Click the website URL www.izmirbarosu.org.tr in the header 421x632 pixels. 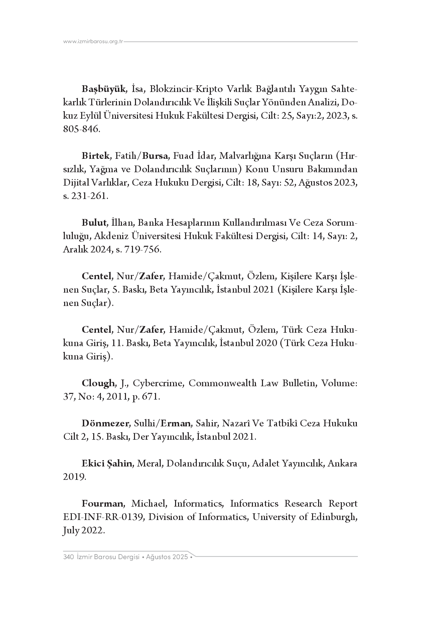pos(93,41)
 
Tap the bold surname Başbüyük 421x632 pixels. pos(104,89)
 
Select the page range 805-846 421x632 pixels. pos(81,129)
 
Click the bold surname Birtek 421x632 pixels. pos(96,156)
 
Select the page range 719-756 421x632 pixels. pos(142,249)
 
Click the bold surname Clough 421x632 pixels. pos(98,383)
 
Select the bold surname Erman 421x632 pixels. pos(175,423)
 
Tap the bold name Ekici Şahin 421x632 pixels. pos(107,463)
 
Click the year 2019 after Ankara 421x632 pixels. pos(74,477)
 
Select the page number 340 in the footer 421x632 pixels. pos(68,557)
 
